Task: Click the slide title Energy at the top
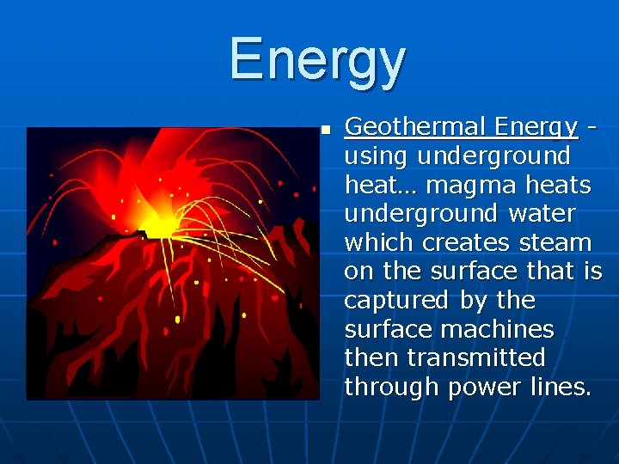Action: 316,60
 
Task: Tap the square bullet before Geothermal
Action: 326,131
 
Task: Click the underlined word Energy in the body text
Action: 536,128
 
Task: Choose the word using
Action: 377,156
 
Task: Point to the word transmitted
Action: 476,357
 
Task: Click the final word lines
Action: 560,387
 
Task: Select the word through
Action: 392,387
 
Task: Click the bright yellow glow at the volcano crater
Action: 159,226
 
